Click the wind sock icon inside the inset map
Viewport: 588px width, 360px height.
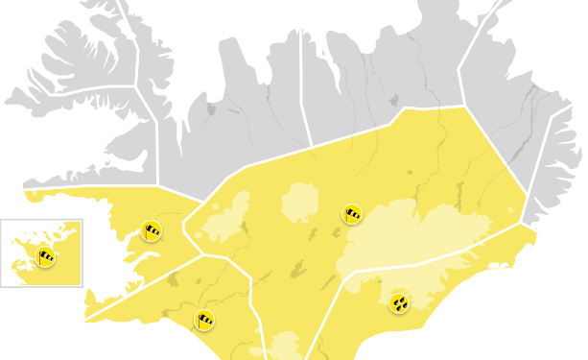point(45,256)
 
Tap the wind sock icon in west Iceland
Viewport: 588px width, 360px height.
point(151,230)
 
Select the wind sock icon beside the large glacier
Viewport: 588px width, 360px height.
point(352,214)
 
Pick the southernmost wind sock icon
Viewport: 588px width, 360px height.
point(203,320)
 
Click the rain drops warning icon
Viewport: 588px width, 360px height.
point(399,303)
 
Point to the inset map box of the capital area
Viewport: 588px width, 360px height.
point(41,252)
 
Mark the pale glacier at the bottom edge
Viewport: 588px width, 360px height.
point(285,347)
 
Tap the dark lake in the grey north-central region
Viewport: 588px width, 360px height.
point(393,100)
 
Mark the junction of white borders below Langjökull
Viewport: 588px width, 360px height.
point(200,256)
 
